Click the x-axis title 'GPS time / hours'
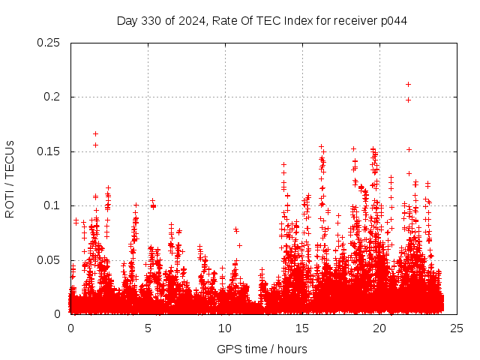pos(262,349)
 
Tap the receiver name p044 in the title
pos(393,20)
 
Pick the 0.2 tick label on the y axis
pos(54,97)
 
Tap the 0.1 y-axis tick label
pos(54,205)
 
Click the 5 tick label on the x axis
pos(148,328)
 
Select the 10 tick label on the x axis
pos(225,328)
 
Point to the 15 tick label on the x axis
pos(302,328)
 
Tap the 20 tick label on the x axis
pos(379,328)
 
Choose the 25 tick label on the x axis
pos(457,328)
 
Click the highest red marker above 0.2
pos(408,84)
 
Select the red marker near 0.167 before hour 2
pos(95,133)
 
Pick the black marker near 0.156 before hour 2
pos(95,145)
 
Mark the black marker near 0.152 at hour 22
pos(409,149)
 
